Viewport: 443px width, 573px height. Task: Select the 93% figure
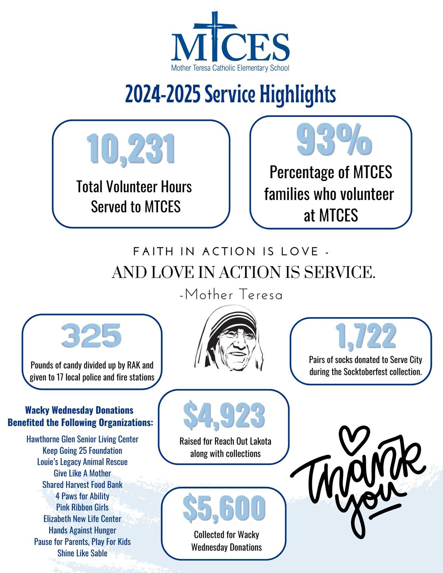click(334, 140)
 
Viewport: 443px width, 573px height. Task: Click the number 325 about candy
click(91, 335)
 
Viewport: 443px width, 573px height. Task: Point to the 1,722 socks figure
click(365, 336)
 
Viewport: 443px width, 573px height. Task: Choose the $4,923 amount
click(224, 415)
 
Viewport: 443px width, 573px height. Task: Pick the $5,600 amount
click(224, 508)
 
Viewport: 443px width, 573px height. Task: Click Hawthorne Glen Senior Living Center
click(82, 439)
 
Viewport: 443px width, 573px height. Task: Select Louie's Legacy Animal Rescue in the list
click(82, 462)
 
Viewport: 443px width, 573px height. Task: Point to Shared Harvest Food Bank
click(82, 484)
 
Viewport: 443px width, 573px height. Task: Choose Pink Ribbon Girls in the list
click(82, 507)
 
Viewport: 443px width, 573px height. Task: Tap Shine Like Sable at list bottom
click(82, 553)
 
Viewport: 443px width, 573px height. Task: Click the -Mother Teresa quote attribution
click(231, 295)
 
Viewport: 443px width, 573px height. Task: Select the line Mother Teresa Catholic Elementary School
click(230, 68)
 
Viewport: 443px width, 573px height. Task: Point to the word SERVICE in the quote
click(339, 272)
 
